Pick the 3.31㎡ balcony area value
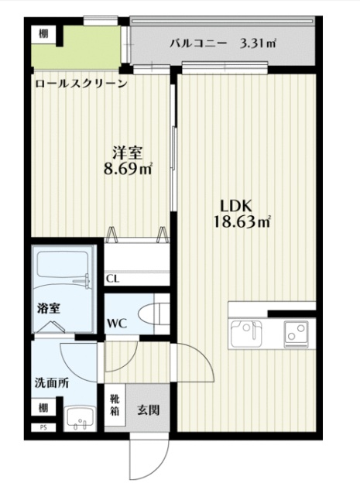coord(259,43)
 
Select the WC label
coord(117,321)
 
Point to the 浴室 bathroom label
coord(49,307)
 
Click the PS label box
coord(38,427)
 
